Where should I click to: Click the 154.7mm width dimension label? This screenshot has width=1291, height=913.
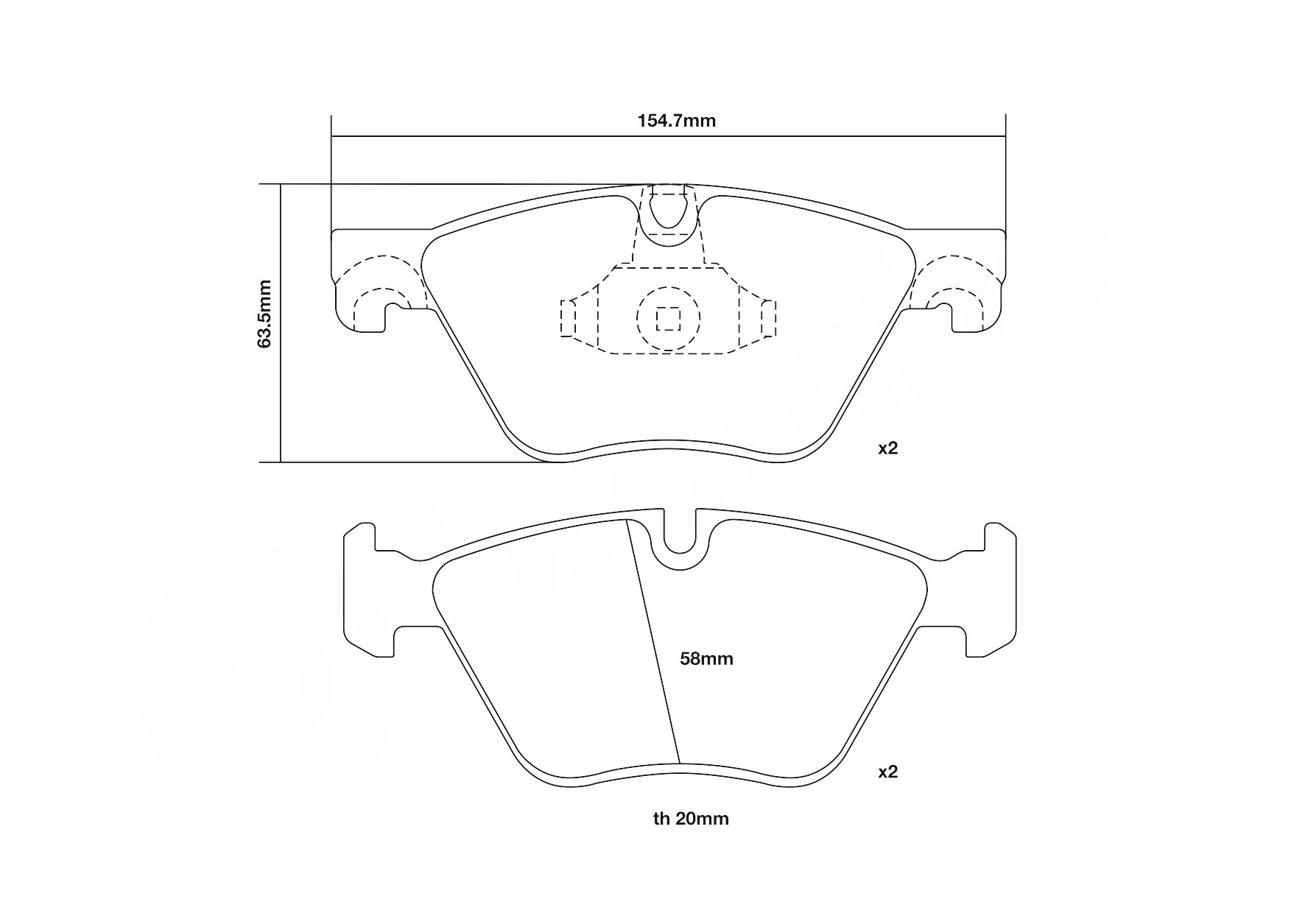click(676, 121)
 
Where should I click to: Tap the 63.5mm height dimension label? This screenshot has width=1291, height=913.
click(265, 313)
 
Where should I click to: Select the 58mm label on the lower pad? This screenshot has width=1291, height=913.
click(706, 659)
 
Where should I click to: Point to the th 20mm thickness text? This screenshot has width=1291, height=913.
click(690, 819)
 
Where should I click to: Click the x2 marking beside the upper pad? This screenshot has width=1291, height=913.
click(887, 448)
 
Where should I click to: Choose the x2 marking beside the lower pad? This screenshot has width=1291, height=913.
click(888, 772)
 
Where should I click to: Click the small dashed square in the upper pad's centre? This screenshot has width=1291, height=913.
click(668, 318)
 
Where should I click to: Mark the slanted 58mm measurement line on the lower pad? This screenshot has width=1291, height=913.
click(652, 641)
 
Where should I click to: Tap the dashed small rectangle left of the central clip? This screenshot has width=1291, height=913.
click(568, 318)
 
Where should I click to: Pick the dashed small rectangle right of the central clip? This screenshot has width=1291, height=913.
click(768, 318)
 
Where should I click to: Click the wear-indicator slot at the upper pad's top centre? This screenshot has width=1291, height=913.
click(668, 210)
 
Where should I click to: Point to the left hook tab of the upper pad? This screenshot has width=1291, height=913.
click(361, 309)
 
